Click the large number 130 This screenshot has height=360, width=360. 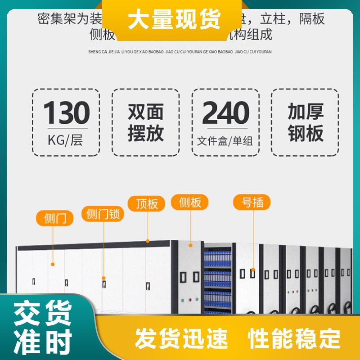[67, 112]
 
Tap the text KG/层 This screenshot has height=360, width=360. [66, 140]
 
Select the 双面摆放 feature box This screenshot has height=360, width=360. [145, 122]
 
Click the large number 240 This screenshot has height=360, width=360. [225, 112]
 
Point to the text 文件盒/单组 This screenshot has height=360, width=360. [225, 141]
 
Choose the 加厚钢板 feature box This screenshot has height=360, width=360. [305, 122]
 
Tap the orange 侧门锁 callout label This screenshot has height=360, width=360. [103, 214]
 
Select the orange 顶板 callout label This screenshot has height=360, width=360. [147, 203]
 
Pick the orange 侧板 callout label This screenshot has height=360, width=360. [190, 202]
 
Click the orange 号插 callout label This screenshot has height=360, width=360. [252, 202]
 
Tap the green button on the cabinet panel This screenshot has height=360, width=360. [182, 299]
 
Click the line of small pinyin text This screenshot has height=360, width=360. [180, 52]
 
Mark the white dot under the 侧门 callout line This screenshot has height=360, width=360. [53, 264]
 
